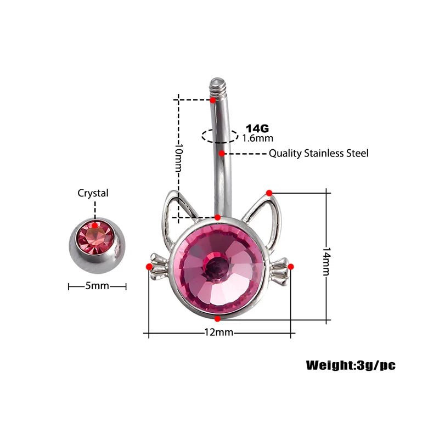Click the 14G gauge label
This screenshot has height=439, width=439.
click(x=257, y=128)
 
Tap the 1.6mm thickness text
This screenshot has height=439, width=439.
click(x=257, y=138)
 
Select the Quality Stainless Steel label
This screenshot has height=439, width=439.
click(x=318, y=153)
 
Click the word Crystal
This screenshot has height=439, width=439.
click(x=93, y=193)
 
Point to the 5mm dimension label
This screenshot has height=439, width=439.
click(x=97, y=286)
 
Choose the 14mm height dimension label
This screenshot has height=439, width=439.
click(x=327, y=256)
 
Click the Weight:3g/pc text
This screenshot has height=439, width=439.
click(x=350, y=365)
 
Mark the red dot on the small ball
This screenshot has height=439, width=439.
click(x=95, y=224)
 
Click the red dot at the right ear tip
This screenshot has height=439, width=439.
click(x=269, y=193)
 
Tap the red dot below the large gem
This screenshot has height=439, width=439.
click(x=218, y=318)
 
